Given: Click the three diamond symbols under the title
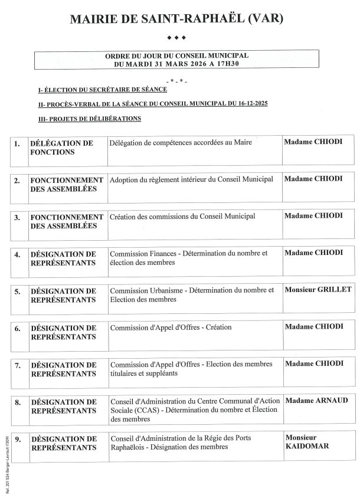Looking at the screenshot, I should point(177,38).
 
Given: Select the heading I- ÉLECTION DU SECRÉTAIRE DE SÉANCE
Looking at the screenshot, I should point(102,90).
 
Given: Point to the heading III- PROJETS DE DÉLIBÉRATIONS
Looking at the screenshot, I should point(89,119).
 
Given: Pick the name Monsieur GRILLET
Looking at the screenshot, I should point(318,290).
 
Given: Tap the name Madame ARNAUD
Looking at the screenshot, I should point(316,401).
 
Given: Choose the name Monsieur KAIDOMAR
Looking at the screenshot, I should point(307,442).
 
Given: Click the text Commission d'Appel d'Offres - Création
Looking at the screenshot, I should point(171,327).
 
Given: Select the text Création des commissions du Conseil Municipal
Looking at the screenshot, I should point(182,217).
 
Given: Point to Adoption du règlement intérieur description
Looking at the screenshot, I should point(191,179).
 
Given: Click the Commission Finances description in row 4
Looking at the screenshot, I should point(188,257).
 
